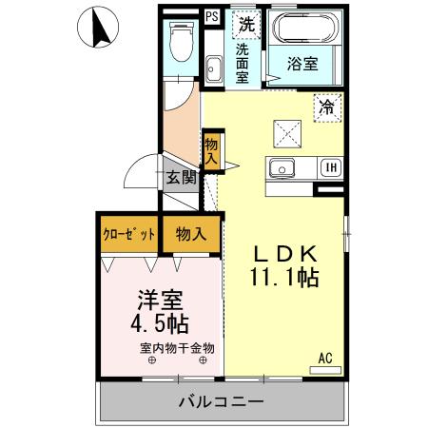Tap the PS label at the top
[211, 16]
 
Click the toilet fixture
[180, 43]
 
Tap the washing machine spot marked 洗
[246, 23]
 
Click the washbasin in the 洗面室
[214, 68]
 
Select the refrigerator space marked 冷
[326, 107]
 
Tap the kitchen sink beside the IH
[282, 169]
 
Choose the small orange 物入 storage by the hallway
[211, 151]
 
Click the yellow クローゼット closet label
[128, 235]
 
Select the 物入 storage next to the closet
[191, 235]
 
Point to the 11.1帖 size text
[282, 279]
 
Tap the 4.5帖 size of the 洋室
[160, 323]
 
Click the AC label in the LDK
[324, 359]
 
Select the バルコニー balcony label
[221, 402]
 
